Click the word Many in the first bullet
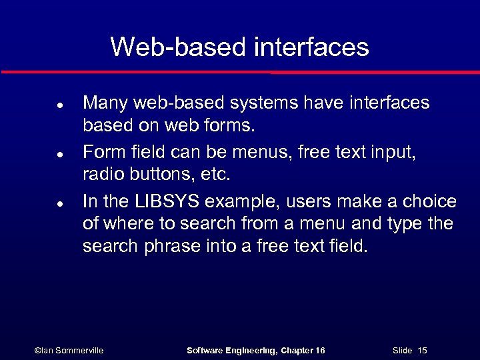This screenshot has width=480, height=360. [105, 103]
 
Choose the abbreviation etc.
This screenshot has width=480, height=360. [215, 175]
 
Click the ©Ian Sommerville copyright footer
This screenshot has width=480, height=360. [68, 350]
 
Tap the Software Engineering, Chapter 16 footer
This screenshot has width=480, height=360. [255, 350]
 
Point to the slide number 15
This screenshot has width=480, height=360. [422, 350]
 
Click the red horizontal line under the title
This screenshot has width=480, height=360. [240, 71]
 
